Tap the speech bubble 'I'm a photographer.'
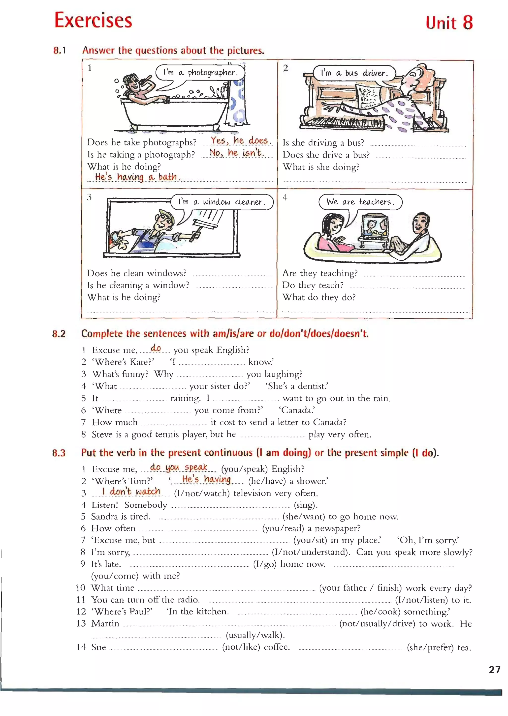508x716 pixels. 200,73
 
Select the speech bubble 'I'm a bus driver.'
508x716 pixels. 354,73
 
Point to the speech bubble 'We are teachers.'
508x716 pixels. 360,202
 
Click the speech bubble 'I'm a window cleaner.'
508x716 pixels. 222,202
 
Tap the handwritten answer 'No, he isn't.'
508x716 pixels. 237,153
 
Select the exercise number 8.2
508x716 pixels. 59,334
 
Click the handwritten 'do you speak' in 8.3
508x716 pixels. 179,467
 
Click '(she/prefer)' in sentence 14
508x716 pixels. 430,647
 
